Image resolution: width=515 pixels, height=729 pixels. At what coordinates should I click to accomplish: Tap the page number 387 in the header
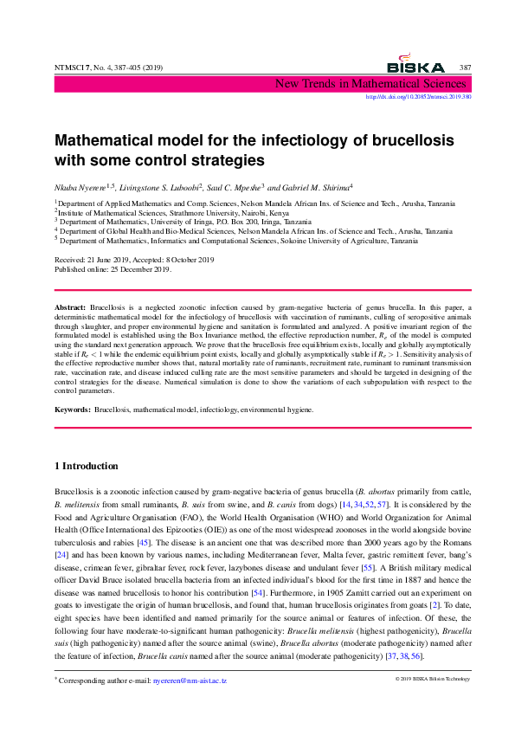tap(465, 68)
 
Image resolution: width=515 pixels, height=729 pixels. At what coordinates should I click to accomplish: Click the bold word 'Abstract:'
tap(70, 307)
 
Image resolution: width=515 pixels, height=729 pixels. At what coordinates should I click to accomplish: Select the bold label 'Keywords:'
tap(73, 409)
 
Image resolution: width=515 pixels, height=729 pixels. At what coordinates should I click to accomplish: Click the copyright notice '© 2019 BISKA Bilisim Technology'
tap(433, 680)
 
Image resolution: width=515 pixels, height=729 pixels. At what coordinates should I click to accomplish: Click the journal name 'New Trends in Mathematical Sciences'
tap(371, 84)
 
